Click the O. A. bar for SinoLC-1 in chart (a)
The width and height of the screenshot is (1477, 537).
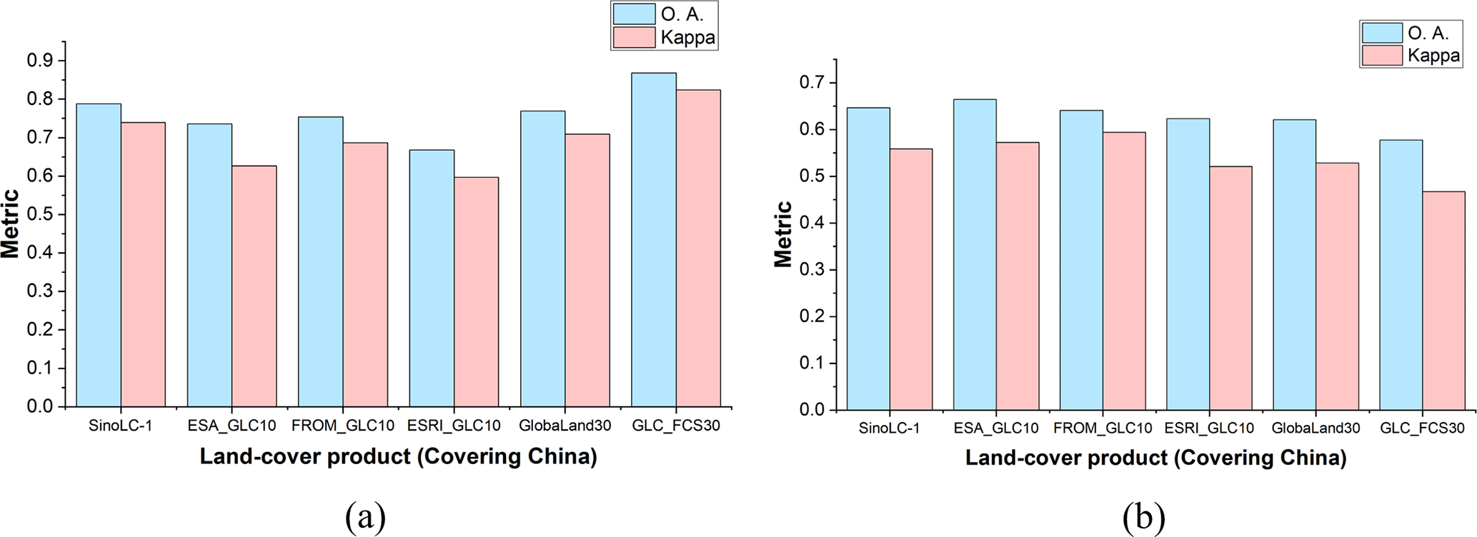[x=99, y=255]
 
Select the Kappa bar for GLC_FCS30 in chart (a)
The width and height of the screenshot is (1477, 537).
[x=698, y=248]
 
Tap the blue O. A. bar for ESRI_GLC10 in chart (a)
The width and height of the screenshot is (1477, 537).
[x=432, y=278]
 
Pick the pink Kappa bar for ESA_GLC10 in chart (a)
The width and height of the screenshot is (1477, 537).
[x=254, y=286]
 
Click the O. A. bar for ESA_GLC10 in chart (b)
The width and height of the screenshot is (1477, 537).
[x=975, y=254]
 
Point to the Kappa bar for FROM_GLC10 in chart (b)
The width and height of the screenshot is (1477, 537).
[x=1124, y=271]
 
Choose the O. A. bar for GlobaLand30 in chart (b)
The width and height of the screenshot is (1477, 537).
[x=1294, y=264]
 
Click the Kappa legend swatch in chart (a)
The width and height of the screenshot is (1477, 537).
[x=634, y=37]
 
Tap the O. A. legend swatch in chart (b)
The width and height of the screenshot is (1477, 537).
[x=1382, y=33]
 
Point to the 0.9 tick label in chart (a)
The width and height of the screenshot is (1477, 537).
[x=40, y=61]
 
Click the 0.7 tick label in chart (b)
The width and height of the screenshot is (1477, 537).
[x=811, y=83]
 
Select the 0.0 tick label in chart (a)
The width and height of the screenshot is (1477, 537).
[x=40, y=406]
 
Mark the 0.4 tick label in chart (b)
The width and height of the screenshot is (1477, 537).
[x=811, y=223]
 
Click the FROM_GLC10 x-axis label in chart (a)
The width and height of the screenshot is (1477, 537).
[x=343, y=426]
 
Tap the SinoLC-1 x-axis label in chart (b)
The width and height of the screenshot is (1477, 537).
[x=889, y=428]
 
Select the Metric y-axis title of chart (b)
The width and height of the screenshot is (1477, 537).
[x=783, y=234]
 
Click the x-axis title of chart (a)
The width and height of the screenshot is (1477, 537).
[x=398, y=456]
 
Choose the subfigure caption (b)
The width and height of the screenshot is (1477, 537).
[x=1143, y=517]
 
